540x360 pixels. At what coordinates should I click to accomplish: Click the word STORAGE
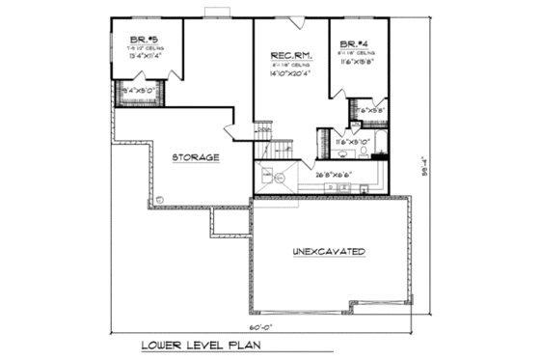195,156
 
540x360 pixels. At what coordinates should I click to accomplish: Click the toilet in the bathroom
376,151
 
